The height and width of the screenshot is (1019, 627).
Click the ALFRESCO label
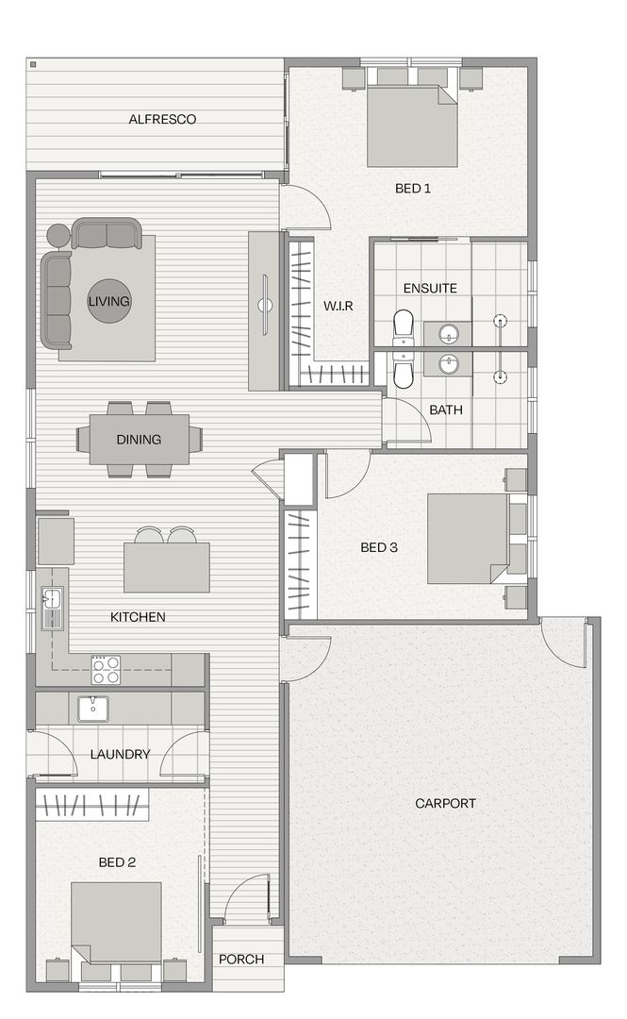162,120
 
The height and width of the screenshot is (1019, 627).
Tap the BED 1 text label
413,189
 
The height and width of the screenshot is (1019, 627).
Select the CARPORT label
445,804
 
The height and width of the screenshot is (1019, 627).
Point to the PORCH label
241,960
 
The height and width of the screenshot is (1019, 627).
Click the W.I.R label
338,306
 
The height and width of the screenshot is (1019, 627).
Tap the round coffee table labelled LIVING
109,301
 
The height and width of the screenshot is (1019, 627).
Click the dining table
139,440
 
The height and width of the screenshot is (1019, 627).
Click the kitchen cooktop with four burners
106,670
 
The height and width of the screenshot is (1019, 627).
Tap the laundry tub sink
93,708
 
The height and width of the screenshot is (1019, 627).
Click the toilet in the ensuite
403,326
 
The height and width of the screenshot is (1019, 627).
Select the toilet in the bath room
403,373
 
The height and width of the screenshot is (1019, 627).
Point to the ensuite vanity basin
449,333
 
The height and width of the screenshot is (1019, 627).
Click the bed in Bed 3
468,538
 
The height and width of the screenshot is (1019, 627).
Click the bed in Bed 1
412,125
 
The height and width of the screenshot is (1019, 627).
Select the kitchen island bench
166,567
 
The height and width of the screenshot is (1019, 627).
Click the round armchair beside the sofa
58,235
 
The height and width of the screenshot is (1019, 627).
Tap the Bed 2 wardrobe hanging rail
92,806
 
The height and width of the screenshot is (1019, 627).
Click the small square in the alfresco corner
33,65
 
